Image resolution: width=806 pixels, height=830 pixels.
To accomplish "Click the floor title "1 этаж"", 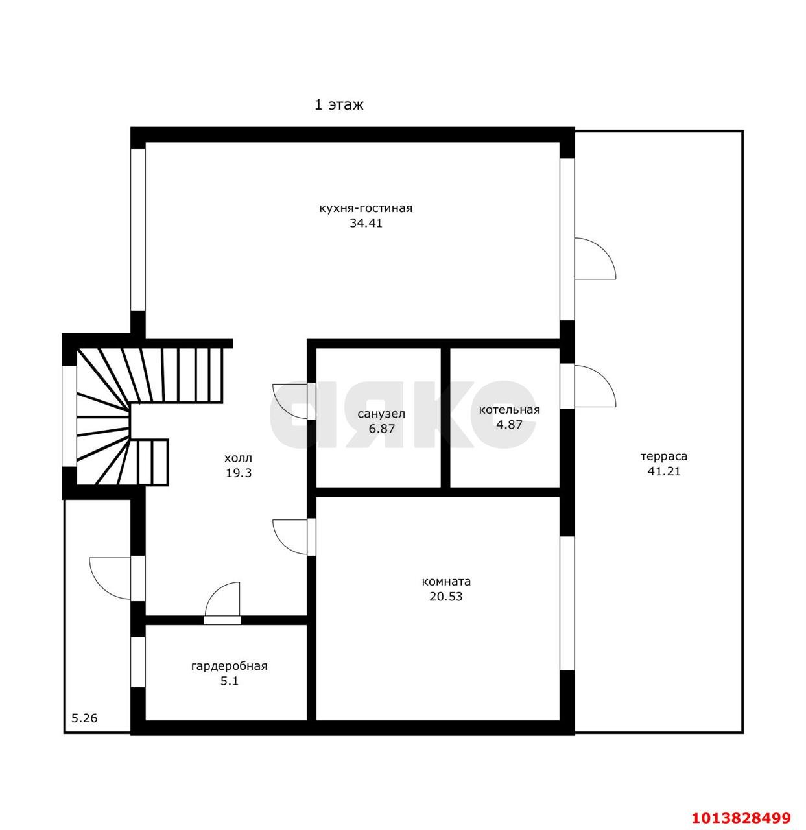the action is [x=338, y=104].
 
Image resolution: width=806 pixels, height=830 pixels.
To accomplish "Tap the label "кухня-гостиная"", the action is [x=366, y=208].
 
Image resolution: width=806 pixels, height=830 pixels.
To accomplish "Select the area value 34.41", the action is [x=366, y=223].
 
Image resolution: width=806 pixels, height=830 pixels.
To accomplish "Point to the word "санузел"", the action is [x=381, y=414].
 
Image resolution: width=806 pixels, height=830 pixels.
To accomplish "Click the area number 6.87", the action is [x=382, y=428].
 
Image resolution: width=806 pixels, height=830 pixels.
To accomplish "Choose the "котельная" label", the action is [x=509, y=410].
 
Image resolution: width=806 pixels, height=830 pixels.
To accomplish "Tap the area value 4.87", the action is [x=509, y=424].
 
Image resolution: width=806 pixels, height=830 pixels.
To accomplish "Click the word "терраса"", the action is [x=664, y=456].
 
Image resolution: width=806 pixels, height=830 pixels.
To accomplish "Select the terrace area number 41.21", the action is [x=664, y=471].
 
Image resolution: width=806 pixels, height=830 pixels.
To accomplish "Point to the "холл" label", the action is [x=239, y=458].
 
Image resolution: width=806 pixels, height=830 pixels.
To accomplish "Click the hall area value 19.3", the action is [x=239, y=473].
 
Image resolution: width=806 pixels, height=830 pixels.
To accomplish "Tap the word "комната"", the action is [x=446, y=582].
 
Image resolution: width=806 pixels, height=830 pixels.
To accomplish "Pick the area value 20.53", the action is [x=445, y=597].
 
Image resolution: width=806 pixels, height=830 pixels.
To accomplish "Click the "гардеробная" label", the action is [x=229, y=666].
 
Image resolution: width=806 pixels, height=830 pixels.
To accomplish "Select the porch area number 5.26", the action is [x=84, y=718].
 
